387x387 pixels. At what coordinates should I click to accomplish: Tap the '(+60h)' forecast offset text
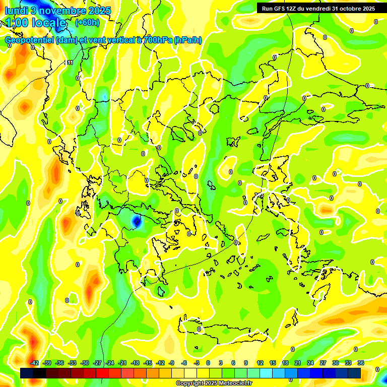(87, 22)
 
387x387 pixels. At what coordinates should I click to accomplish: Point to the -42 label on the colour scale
(34, 363)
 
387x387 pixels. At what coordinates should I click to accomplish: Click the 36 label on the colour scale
(360, 363)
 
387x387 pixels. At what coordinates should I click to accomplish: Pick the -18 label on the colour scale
(135, 363)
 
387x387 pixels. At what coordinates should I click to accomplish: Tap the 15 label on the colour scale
(272, 363)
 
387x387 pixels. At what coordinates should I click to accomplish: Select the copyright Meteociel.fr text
(214, 383)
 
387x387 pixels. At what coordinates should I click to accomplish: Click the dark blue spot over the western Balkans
(136, 220)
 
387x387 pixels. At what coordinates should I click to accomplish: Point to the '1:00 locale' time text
(35, 23)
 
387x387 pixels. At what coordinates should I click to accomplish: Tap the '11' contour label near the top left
(70, 63)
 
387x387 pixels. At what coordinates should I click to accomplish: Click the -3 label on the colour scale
(197, 363)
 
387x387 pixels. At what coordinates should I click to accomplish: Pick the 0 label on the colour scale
(208, 363)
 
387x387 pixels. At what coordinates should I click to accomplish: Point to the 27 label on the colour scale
(322, 363)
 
